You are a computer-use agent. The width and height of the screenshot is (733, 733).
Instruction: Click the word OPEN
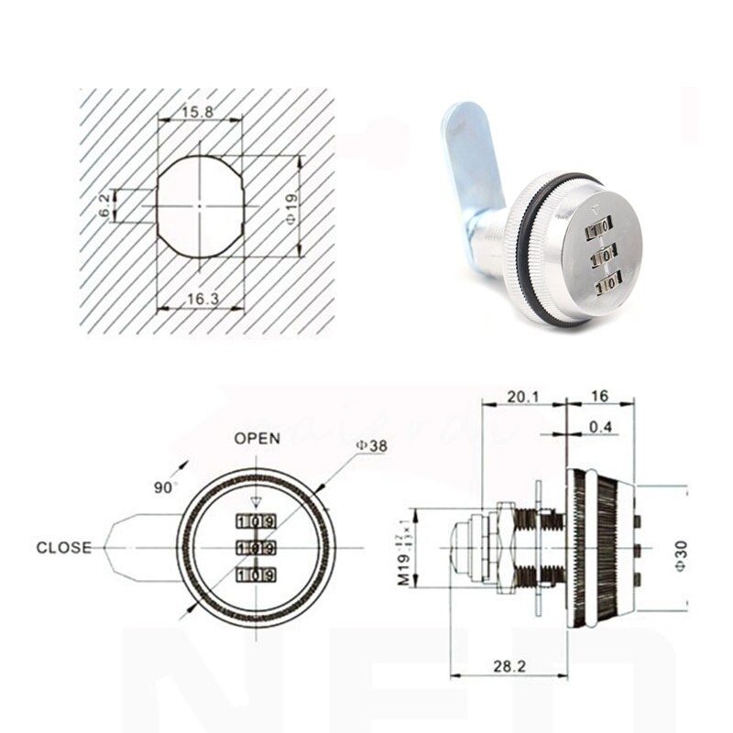257,438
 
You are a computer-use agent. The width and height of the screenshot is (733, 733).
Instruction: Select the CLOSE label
64,548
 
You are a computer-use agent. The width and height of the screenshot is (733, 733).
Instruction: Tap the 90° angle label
166,487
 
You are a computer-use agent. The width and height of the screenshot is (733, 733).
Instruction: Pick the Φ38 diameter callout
373,445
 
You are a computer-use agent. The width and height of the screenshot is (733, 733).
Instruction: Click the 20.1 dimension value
523,396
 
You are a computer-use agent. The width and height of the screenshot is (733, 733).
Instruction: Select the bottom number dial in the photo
607,288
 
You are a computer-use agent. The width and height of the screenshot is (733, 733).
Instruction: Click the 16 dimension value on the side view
599,396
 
